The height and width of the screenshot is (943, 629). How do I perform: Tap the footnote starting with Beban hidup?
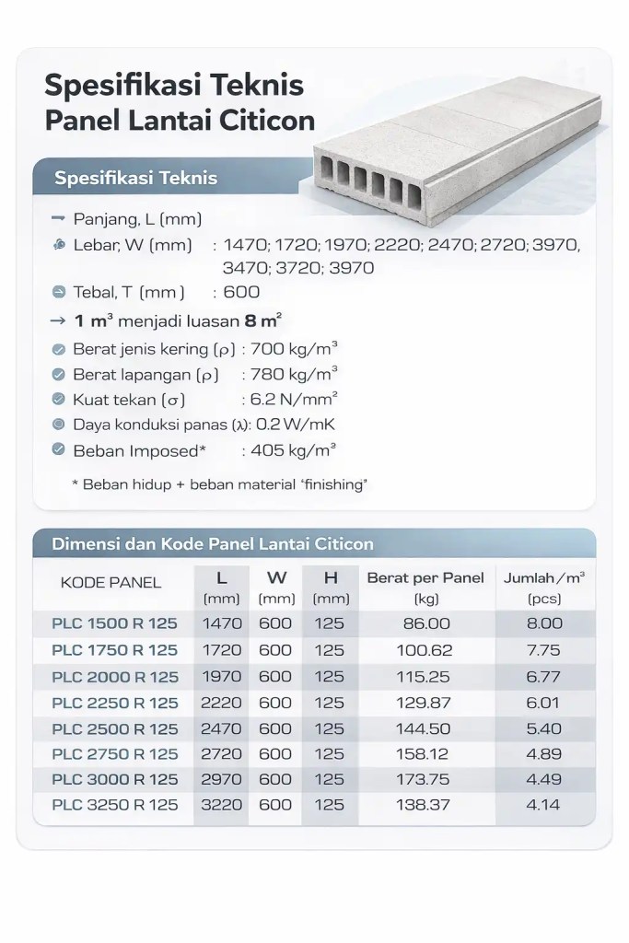219,484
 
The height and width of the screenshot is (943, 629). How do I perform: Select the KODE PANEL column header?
111,582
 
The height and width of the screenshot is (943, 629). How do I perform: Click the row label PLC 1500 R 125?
115,623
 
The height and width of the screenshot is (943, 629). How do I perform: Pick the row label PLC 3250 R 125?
115,805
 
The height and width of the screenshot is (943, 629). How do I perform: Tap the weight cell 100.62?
425,650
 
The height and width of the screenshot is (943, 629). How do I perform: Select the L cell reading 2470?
222,728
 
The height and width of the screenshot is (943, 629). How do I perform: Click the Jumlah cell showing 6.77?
542,677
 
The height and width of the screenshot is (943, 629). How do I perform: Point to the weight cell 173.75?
425,779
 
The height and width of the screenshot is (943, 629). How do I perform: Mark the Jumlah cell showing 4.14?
542,805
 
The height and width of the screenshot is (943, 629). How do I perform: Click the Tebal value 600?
241,292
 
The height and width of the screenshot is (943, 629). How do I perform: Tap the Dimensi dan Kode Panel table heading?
213,543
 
